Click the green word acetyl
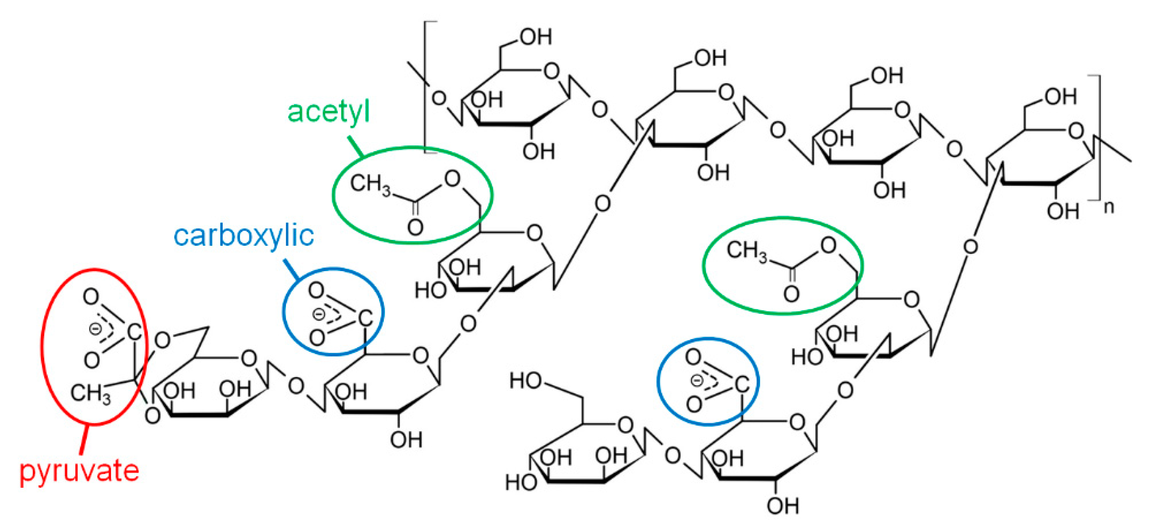(328, 111)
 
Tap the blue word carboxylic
(243, 235)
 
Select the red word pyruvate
(79, 471)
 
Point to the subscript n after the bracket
(1109, 207)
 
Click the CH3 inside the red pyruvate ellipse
(91, 393)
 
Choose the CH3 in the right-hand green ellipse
(747, 250)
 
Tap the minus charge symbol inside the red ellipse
(95, 329)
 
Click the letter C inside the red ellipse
(134, 332)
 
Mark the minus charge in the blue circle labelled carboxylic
(319, 314)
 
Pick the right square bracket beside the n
(1098, 139)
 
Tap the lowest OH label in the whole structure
(782, 506)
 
